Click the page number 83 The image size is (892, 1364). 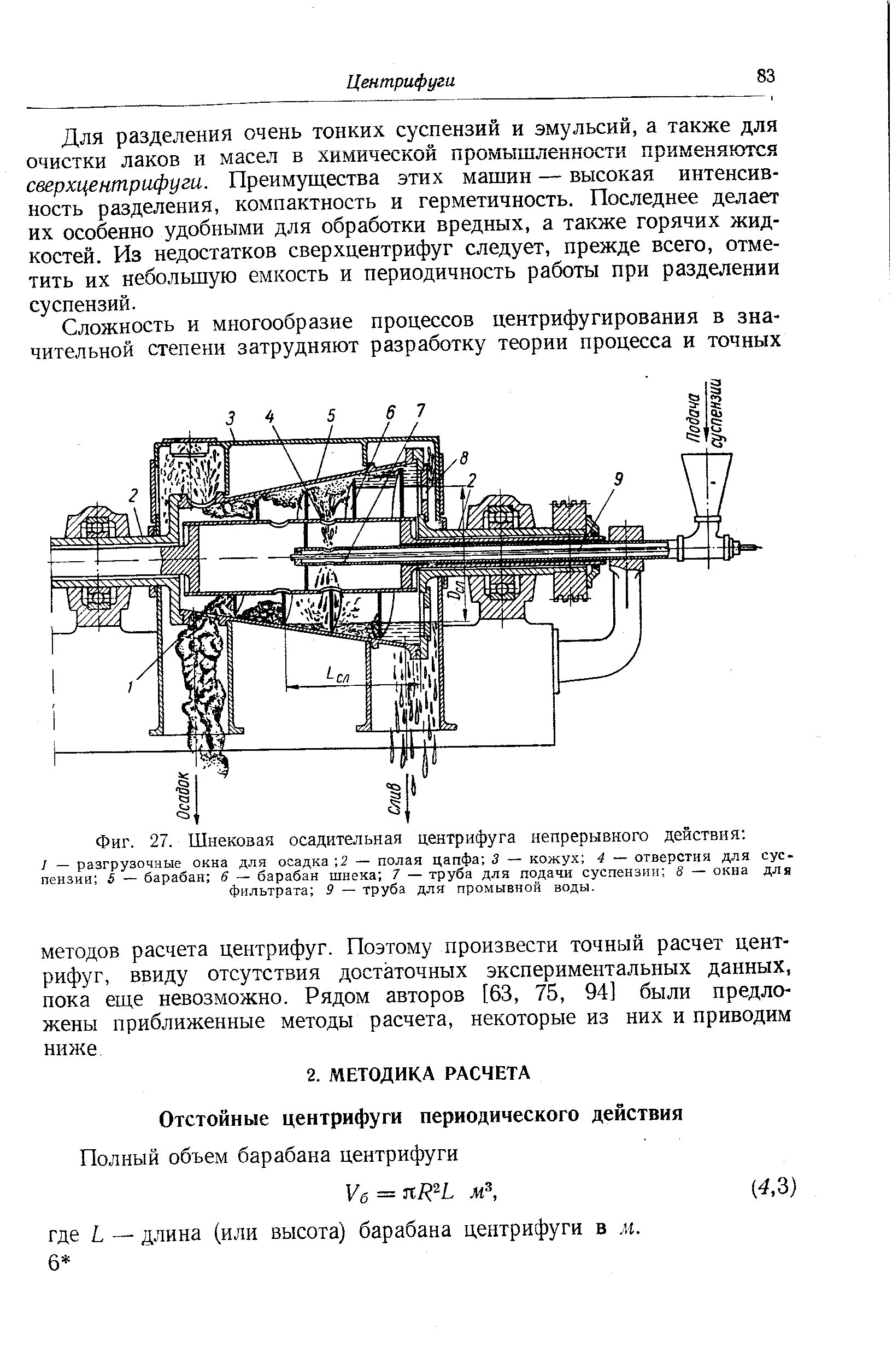765,75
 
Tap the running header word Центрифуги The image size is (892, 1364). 401,82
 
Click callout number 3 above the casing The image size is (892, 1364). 231,418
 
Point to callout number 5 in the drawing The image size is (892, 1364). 331,414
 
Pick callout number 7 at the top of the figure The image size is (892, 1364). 420,410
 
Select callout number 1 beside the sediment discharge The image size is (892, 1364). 130,685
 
